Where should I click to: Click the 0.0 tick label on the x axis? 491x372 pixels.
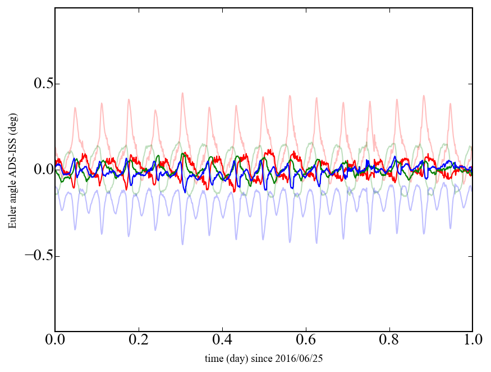coord(55,341)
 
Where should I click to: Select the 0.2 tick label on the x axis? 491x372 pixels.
coord(139,341)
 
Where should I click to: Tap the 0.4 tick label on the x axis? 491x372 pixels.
coord(222,341)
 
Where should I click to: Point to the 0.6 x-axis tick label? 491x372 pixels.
coord(306,341)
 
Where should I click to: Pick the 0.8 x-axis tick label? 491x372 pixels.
coord(389,341)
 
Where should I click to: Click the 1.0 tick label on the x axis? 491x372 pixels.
coord(472,341)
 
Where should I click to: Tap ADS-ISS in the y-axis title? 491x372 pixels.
coord(12,168)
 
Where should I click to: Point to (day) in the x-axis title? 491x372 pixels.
coord(238,358)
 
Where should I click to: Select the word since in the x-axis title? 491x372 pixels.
coord(262,358)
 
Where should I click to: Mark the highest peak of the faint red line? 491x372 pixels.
coord(182,93)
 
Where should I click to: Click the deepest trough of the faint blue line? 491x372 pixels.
coord(182,244)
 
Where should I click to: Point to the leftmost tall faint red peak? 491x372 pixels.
coord(75,108)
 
